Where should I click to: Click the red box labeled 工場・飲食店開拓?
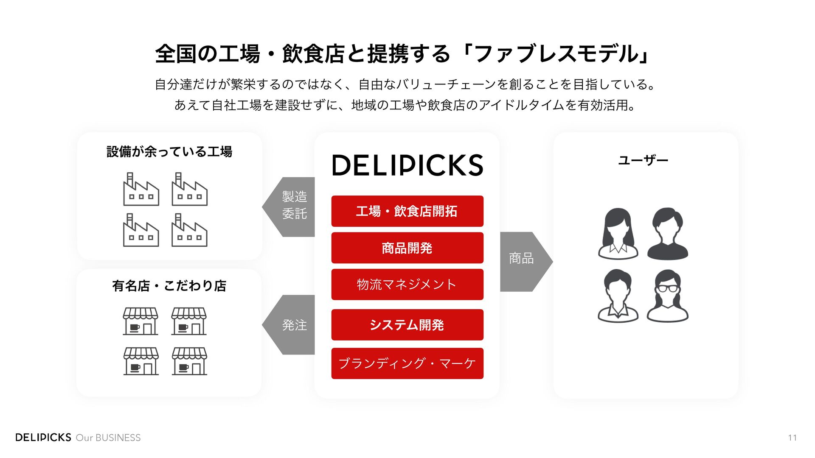[x=407, y=211]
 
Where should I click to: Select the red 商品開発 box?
[x=407, y=248]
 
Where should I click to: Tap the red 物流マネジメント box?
[x=407, y=285]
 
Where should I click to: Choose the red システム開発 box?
[x=407, y=325]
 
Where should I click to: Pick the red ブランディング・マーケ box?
[x=407, y=363]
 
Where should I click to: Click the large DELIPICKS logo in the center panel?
[x=407, y=165]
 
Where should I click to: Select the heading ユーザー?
[x=643, y=160]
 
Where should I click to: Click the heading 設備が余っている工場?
[x=169, y=151]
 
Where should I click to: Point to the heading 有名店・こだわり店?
[x=169, y=286]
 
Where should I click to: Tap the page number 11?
[x=792, y=438]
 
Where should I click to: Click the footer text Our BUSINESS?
[x=108, y=438]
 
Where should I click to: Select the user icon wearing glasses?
[x=667, y=296]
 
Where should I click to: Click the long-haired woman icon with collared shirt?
[x=618, y=234]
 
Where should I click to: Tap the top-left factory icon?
[x=141, y=190]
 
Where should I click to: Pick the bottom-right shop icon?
[x=189, y=361]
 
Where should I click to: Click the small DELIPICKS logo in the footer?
[x=43, y=437]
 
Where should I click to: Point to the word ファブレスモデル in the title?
[x=556, y=54]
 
